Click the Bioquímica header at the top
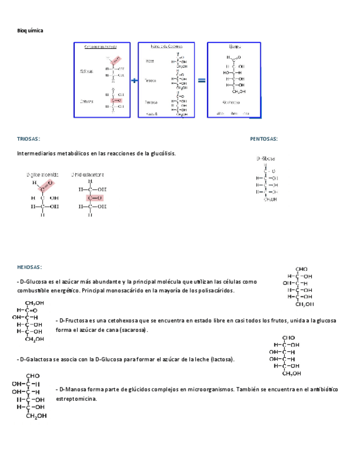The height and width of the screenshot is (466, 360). tap(30, 31)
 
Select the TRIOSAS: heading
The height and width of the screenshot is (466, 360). tap(29, 140)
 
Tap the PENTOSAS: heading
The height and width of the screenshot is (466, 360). tap(264, 140)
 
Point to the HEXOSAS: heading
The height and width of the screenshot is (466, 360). tap(30, 267)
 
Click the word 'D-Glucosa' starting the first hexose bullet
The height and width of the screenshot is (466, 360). tap(33, 281)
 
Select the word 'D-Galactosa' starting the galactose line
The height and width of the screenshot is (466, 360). tap(35, 359)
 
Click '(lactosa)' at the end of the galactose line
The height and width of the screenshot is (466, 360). tap(221, 359)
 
